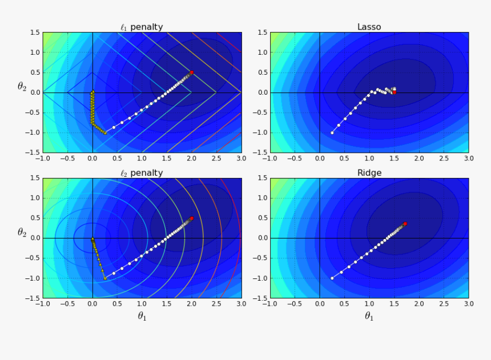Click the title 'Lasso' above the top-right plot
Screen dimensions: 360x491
[x=369, y=27]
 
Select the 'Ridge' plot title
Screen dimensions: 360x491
[x=369, y=173]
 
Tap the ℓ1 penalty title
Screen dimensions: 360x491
[x=141, y=27]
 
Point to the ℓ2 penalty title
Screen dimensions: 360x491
[x=141, y=173]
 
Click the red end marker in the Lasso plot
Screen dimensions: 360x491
[x=394, y=92]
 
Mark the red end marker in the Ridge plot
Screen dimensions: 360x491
[x=405, y=224]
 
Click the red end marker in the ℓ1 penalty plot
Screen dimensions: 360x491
[x=192, y=72]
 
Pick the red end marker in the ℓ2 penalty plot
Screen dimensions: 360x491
[x=192, y=218]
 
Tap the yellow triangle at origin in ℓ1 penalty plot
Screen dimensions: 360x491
[x=92, y=92]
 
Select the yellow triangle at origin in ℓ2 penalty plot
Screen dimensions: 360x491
[x=92, y=238]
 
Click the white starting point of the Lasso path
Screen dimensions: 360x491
[x=332, y=132]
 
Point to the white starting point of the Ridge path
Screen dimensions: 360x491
[x=332, y=278]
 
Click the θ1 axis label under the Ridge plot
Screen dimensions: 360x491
[x=369, y=315]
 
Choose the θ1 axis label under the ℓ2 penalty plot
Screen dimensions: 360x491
[x=142, y=315]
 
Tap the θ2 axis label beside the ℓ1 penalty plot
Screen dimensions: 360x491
[x=22, y=87]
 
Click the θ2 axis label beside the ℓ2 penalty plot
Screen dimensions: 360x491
[x=22, y=233]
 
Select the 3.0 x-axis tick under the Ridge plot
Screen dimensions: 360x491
[x=468, y=304]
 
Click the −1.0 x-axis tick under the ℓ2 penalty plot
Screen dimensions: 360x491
[x=41, y=304]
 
